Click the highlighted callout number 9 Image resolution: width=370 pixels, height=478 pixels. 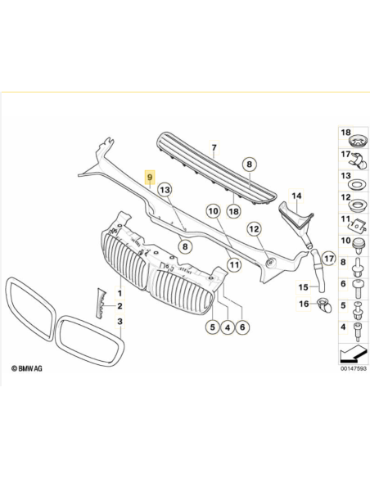click(149, 176)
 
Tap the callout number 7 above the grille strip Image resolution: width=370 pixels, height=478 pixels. click(214, 148)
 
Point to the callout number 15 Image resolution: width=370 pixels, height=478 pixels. click(301, 287)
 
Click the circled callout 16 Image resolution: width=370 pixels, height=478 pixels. click(303, 304)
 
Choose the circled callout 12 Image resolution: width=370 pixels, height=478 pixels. click(255, 229)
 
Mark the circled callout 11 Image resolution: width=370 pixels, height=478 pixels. click(233, 264)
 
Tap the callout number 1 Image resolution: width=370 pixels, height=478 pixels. click(120, 292)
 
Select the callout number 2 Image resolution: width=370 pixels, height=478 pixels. click(120, 307)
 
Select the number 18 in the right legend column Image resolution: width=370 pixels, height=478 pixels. click(345, 132)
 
